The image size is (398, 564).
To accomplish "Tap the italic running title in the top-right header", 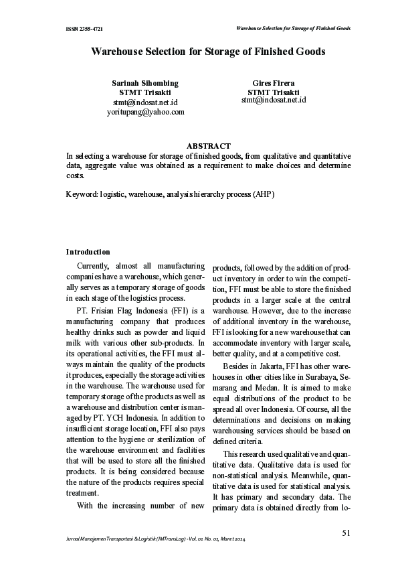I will [294, 29].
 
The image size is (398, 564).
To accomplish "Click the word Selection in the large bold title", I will [172, 51].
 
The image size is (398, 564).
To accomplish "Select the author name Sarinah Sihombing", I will [144, 83].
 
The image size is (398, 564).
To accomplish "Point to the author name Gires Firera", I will [273, 83].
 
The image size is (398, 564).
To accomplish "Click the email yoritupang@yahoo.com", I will [145, 112].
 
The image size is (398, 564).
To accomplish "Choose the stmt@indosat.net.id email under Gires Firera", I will [273, 100].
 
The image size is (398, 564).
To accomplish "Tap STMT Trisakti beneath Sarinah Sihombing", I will [144, 92].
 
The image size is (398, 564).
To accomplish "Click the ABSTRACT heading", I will [208, 145].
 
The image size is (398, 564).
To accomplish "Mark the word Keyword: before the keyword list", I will [82, 194].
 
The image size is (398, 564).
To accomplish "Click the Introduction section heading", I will [88, 252].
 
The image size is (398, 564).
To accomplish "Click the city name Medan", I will [280, 388].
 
